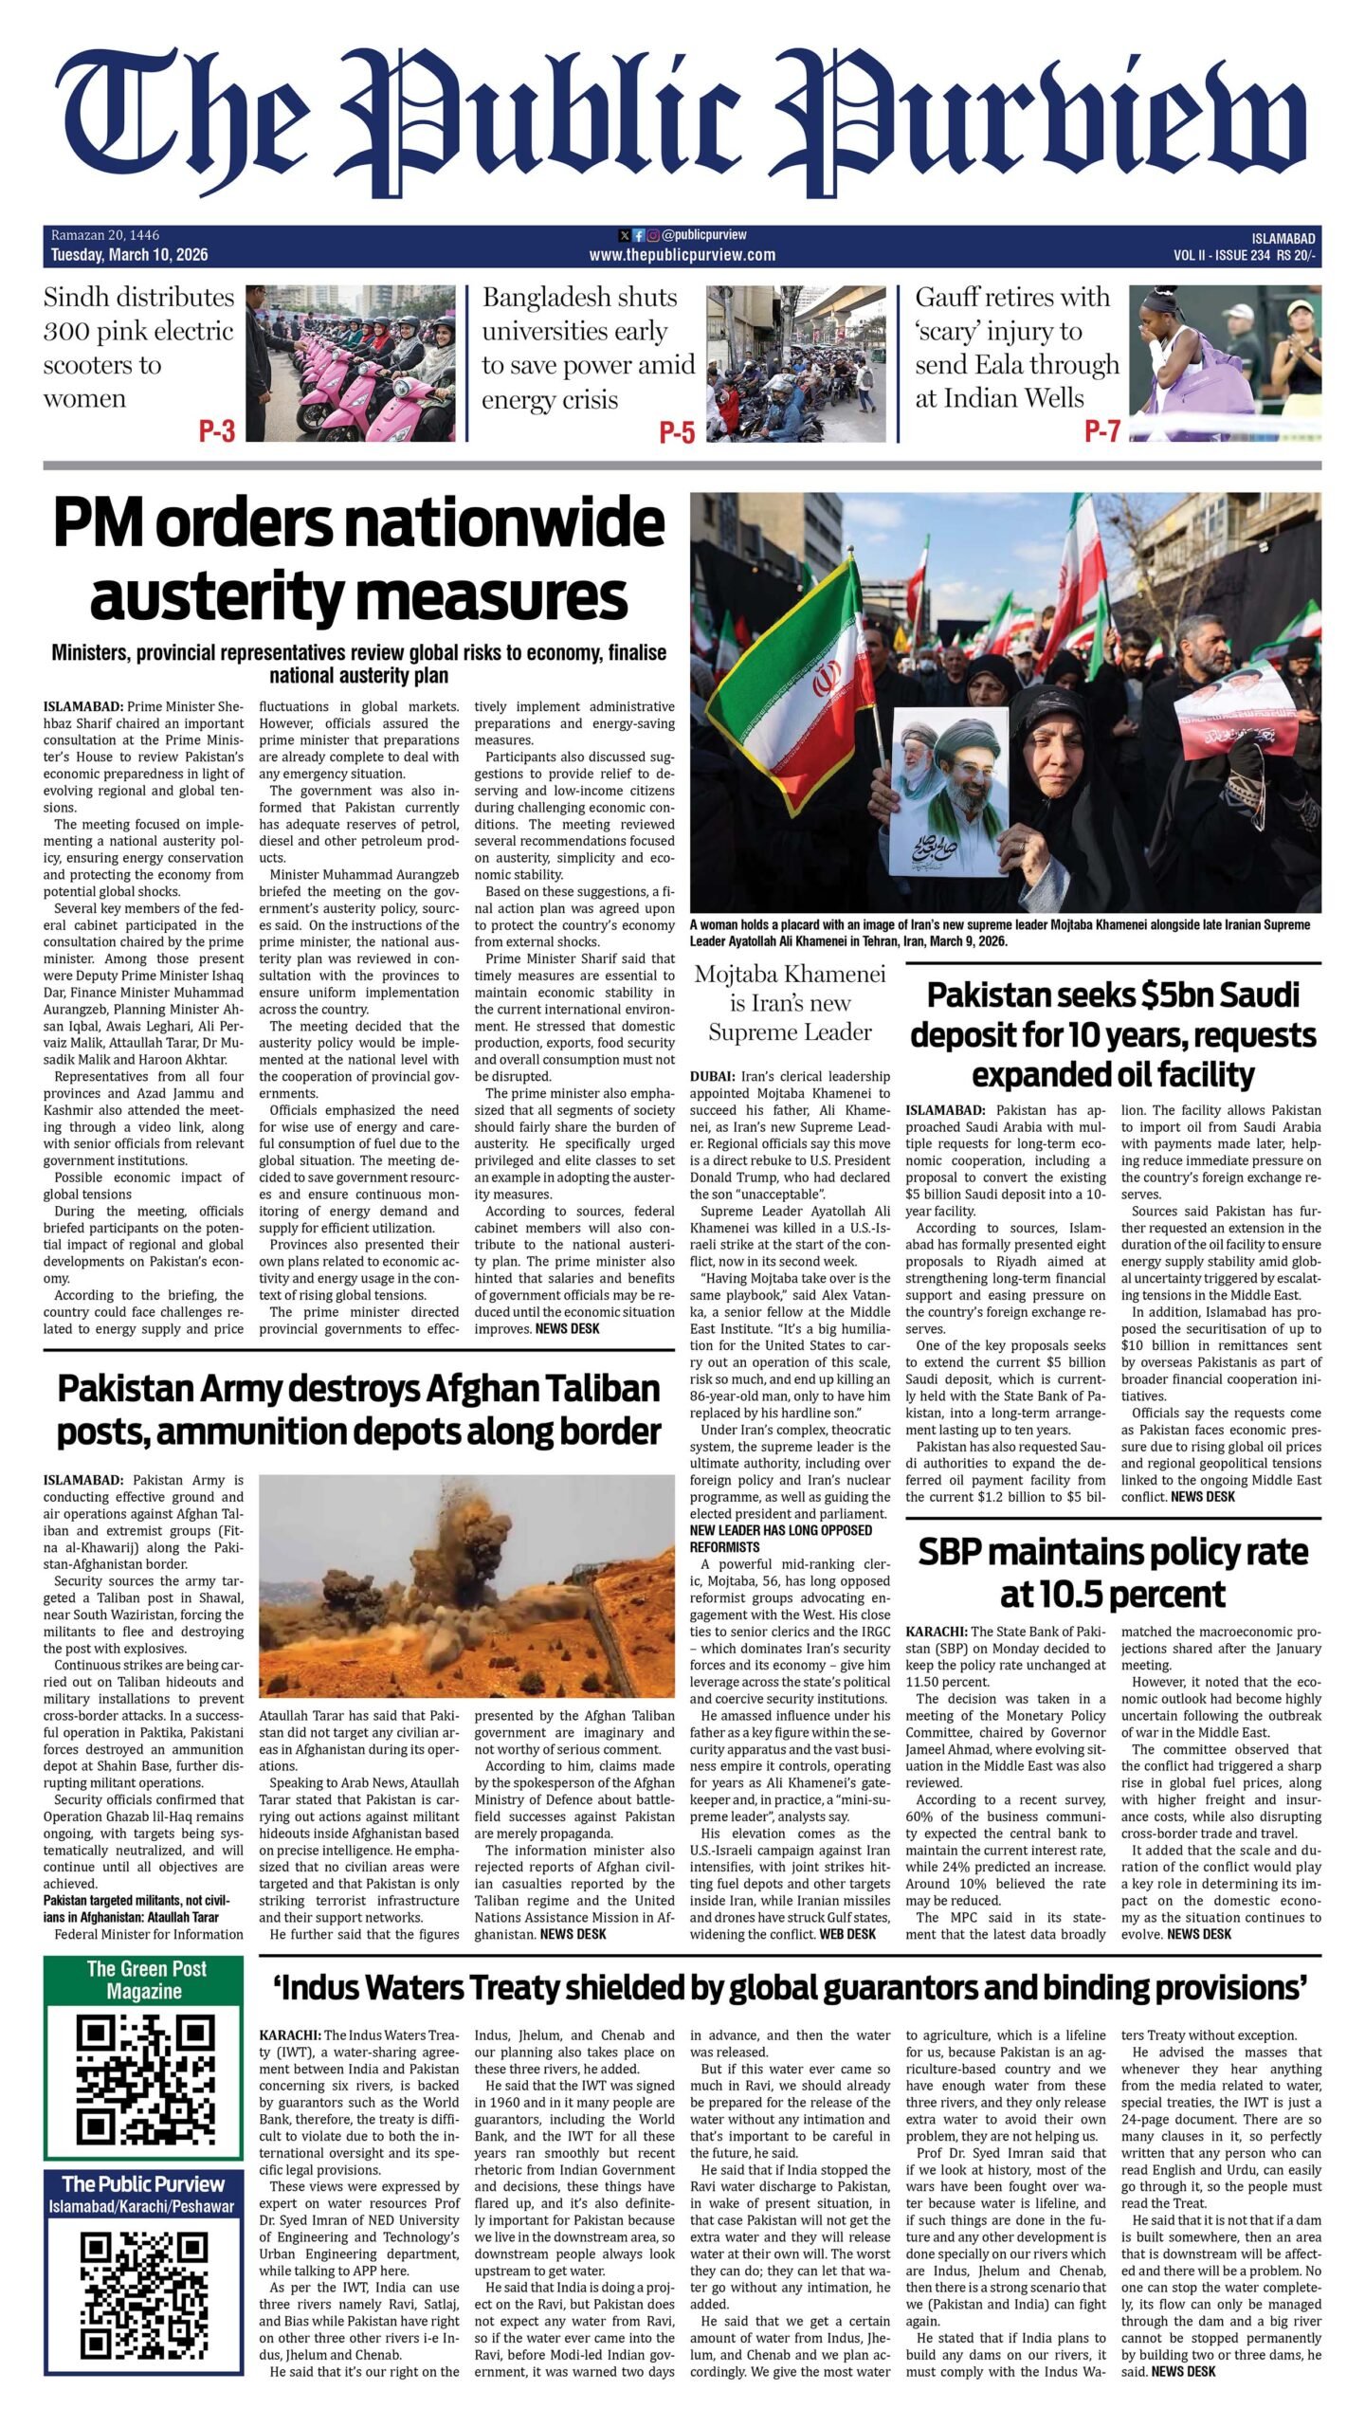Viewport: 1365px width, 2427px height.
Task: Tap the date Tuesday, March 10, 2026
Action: tap(129, 255)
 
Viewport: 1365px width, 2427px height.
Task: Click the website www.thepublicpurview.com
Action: tap(682, 255)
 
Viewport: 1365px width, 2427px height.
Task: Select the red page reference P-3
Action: tap(216, 431)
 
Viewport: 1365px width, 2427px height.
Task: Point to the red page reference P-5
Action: tap(677, 432)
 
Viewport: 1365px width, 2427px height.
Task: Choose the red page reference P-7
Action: tap(1101, 431)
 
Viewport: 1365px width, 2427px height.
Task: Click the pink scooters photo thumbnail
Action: tap(352, 363)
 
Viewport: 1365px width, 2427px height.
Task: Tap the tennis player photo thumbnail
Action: tap(1224, 363)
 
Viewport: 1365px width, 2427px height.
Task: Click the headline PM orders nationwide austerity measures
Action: tap(358, 559)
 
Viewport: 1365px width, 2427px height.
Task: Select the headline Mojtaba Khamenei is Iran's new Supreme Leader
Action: tap(790, 1003)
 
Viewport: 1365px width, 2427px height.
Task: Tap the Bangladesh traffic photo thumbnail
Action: tap(795, 363)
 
